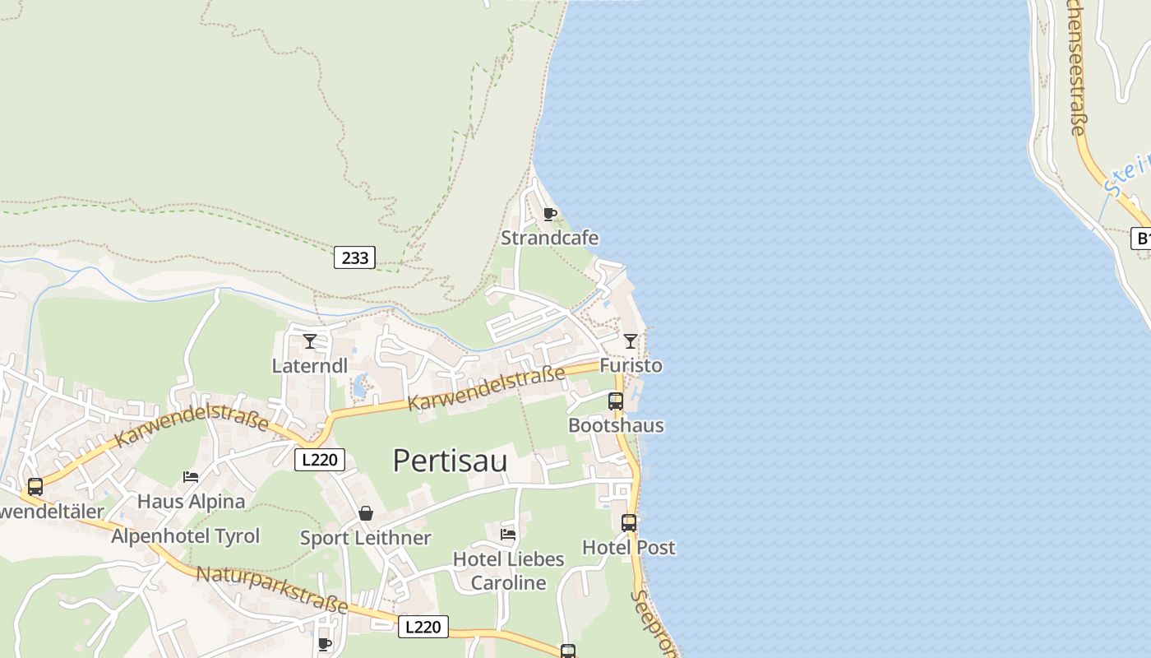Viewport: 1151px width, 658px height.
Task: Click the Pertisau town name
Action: pyautogui.click(x=450, y=461)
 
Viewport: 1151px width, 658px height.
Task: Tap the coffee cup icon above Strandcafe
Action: pyautogui.click(x=550, y=215)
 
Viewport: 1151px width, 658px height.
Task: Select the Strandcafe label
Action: pyautogui.click(x=550, y=239)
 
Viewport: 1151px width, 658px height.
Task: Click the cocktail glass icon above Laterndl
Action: pyautogui.click(x=310, y=341)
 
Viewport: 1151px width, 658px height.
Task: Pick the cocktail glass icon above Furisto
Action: pyautogui.click(x=631, y=341)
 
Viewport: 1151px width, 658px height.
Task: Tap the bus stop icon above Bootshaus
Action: pyautogui.click(x=616, y=401)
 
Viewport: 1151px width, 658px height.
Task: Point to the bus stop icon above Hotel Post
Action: pyautogui.click(x=629, y=523)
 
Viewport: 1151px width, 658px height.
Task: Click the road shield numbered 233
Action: pyautogui.click(x=355, y=257)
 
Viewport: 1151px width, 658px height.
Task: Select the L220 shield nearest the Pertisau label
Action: pyautogui.click(x=319, y=460)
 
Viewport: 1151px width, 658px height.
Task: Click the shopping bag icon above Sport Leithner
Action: pyautogui.click(x=366, y=514)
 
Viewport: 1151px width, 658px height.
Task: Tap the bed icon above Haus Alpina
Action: pyautogui.click(x=191, y=477)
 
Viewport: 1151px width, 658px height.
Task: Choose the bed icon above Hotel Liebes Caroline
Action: pyautogui.click(x=508, y=535)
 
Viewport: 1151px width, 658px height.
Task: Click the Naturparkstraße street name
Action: pyautogui.click(x=271, y=590)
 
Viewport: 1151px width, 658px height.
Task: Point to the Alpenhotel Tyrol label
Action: pyautogui.click(x=186, y=536)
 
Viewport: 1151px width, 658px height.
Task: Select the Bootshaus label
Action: pyautogui.click(x=616, y=426)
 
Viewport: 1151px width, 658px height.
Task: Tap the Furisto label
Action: pyautogui.click(x=631, y=365)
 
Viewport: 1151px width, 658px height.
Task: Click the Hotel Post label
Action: pyautogui.click(x=629, y=548)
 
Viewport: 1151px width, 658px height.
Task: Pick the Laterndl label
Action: pyautogui.click(x=310, y=366)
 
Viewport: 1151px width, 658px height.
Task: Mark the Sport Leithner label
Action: pyautogui.click(x=365, y=538)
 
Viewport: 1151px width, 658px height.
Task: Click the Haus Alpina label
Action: pyautogui.click(x=191, y=502)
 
